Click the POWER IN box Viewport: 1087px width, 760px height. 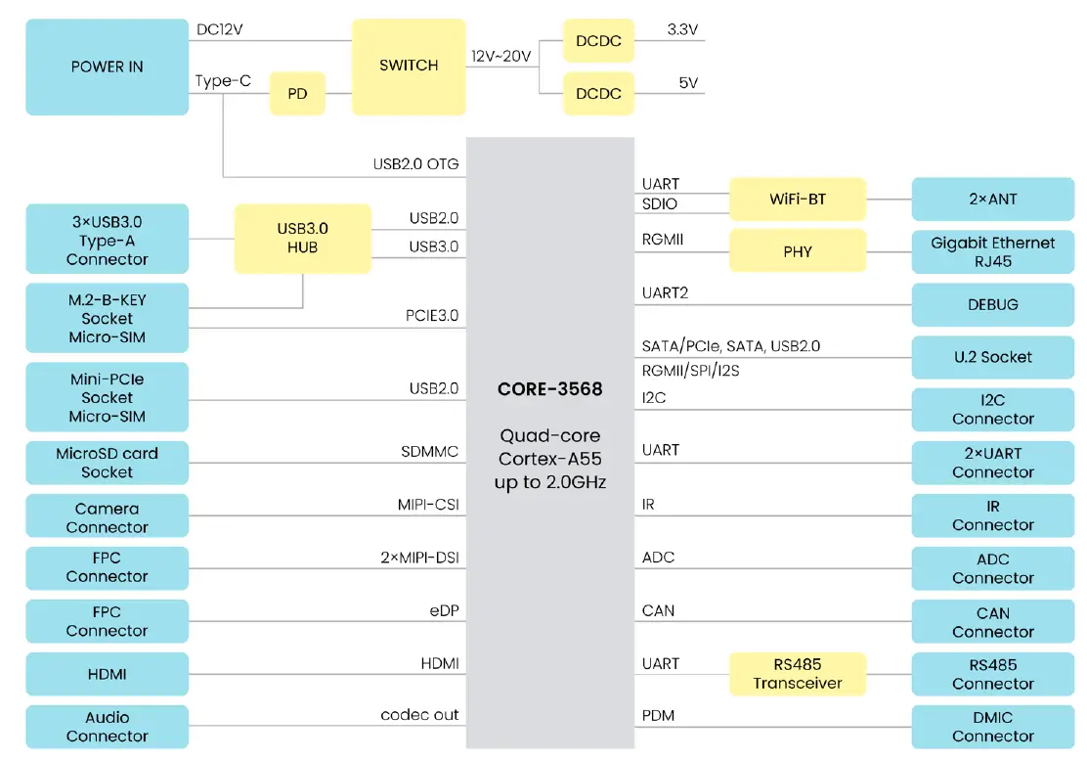tap(107, 67)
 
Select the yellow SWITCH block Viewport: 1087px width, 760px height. tap(409, 66)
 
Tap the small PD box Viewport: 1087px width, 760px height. tap(297, 94)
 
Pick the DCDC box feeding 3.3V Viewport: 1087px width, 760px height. tap(598, 41)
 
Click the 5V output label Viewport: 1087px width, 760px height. tap(688, 83)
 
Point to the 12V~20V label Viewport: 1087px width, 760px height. tap(500, 57)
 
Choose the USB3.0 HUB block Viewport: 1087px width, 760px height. tap(302, 239)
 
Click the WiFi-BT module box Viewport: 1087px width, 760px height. tap(798, 199)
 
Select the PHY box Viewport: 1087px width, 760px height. tap(798, 251)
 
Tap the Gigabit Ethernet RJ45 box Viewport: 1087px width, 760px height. tap(992, 251)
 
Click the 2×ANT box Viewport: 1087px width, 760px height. tap(992, 199)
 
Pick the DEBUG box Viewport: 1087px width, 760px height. tap(992, 304)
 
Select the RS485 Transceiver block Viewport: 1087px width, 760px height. tap(798, 674)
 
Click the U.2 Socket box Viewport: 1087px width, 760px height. tap(992, 357)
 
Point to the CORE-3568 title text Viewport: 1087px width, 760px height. tap(549, 389)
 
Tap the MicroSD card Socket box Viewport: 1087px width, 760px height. tap(107, 463)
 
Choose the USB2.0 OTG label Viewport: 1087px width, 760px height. tap(415, 163)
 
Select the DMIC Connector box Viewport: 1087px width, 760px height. tap(992, 727)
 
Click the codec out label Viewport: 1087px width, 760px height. tap(419, 715)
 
